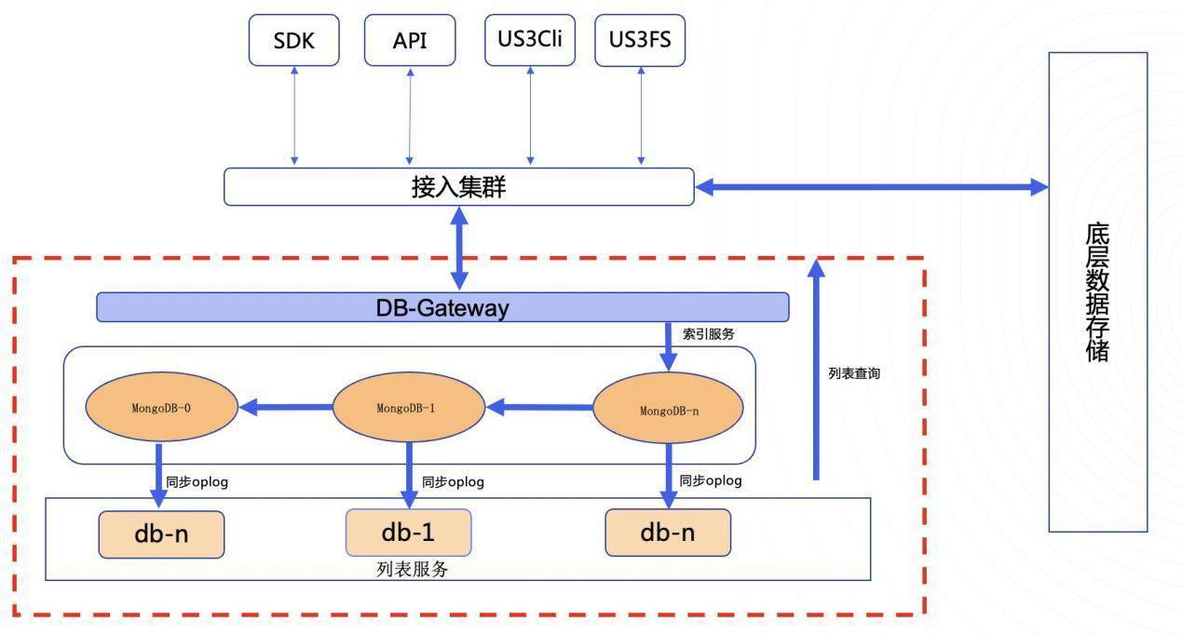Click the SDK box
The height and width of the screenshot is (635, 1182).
(293, 40)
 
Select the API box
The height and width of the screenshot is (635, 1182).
(410, 40)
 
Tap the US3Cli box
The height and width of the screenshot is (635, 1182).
(530, 40)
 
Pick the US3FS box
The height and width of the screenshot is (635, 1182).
(639, 40)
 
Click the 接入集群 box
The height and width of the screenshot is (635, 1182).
(458, 186)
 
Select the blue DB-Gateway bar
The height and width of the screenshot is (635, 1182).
(442, 307)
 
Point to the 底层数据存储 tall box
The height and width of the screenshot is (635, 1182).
(1097, 291)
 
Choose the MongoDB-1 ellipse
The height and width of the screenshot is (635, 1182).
(409, 408)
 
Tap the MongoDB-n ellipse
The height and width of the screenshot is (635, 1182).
(668, 410)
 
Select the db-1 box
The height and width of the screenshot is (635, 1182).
(408, 533)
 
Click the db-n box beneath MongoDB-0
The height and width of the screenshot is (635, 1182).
(161, 534)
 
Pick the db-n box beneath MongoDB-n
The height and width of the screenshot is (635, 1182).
(667, 533)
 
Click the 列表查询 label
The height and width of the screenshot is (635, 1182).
(853, 373)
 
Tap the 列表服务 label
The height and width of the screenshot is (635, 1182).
(413, 569)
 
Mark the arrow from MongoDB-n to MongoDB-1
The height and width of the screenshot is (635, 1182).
(539, 407)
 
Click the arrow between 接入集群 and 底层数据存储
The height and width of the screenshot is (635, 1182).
(872, 187)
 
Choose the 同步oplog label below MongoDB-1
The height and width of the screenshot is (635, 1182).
(453, 482)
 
